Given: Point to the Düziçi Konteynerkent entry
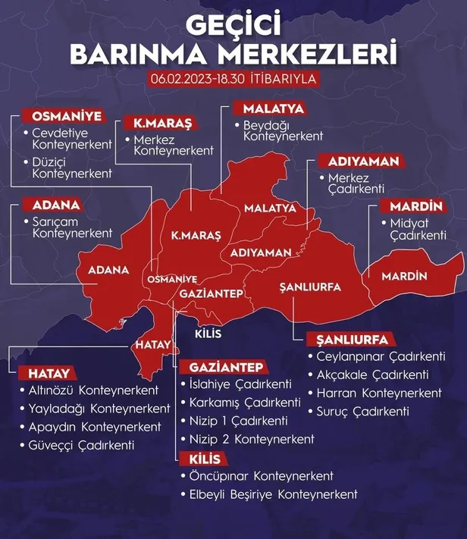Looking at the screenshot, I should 72,168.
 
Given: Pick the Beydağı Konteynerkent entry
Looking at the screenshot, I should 283,130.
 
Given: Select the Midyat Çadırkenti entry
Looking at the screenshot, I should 418,230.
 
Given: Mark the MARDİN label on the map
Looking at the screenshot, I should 405,275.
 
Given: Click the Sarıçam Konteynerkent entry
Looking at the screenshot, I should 72,227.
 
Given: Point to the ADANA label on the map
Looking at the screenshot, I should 108,270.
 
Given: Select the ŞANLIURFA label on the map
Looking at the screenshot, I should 310,288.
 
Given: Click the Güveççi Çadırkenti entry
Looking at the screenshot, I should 83,445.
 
